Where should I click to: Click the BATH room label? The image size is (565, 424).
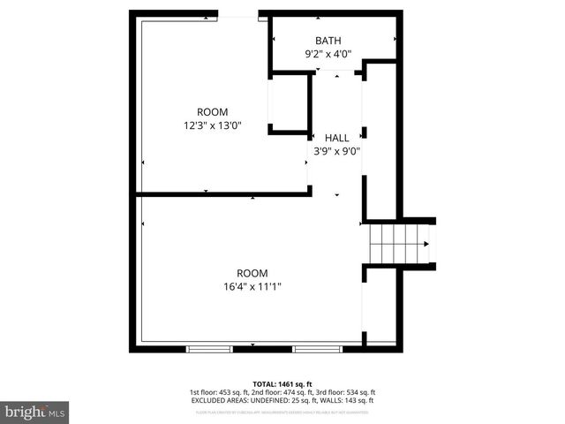(328, 41)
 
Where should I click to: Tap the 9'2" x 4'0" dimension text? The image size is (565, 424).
(328, 54)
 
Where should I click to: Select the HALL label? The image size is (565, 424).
(336, 138)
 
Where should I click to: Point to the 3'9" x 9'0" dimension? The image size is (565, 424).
(336, 151)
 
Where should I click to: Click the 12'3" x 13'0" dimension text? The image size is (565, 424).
(212, 125)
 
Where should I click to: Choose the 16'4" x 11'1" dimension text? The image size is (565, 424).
(252, 286)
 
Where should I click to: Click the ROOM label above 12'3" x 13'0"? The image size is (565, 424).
(212, 112)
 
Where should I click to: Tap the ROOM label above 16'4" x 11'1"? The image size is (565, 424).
(252, 273)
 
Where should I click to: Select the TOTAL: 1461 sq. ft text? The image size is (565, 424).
(282, 383)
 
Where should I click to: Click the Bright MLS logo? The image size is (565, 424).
(35, 412)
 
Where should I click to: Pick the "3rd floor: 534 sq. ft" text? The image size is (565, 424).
(346, 392)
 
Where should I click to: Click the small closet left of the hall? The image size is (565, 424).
(290, 103)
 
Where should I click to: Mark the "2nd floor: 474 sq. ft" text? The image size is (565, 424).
(282, 392)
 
